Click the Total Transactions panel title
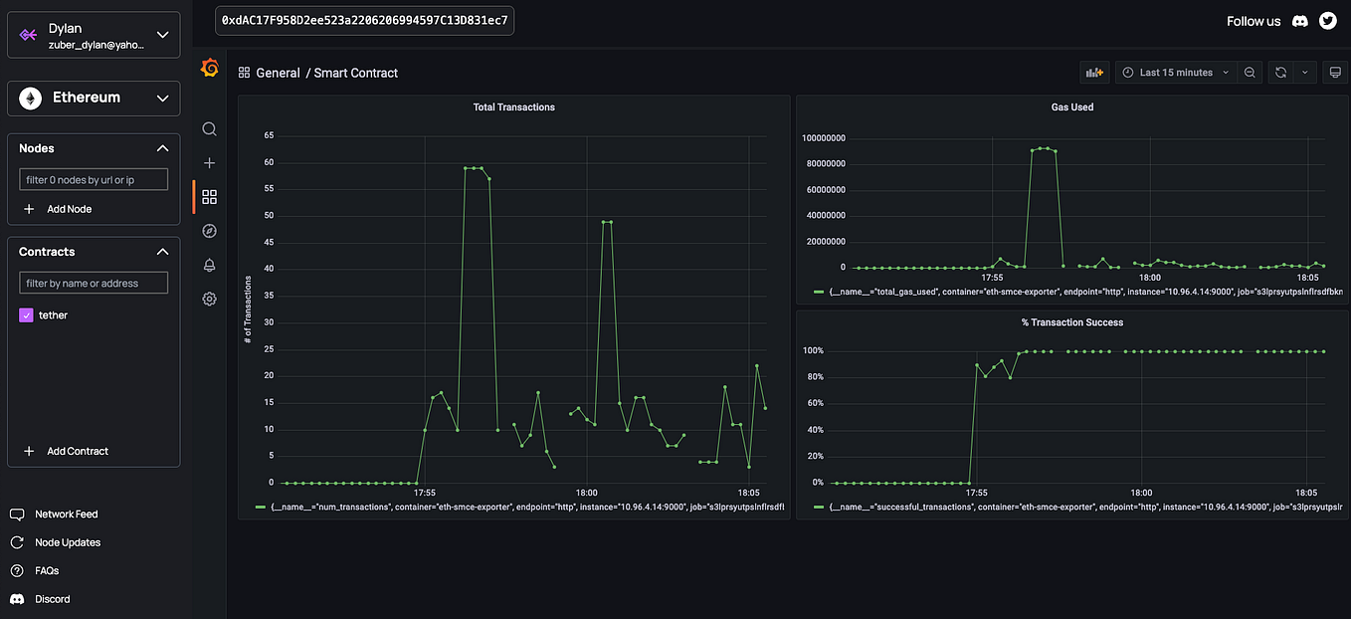coord(513,106)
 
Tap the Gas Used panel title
coord(1071,106)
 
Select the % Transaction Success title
coord(1071,322)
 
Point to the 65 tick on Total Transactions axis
coord(268,134)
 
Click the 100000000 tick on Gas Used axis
coord(823,137)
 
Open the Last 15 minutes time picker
coord(1176,73)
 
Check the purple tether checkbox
coord(27,315)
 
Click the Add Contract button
coord(68,451)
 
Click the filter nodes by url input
coord(94,180)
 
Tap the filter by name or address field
coord(94,284)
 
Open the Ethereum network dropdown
coord(94,98)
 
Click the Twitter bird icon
coord(1327,21)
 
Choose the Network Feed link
coord(66,515)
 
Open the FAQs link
coord(47,571)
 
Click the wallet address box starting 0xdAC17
coord(364,21)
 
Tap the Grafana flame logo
coord(210,68)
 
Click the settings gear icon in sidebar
coord(209,299)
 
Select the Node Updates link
coord(68,542)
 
